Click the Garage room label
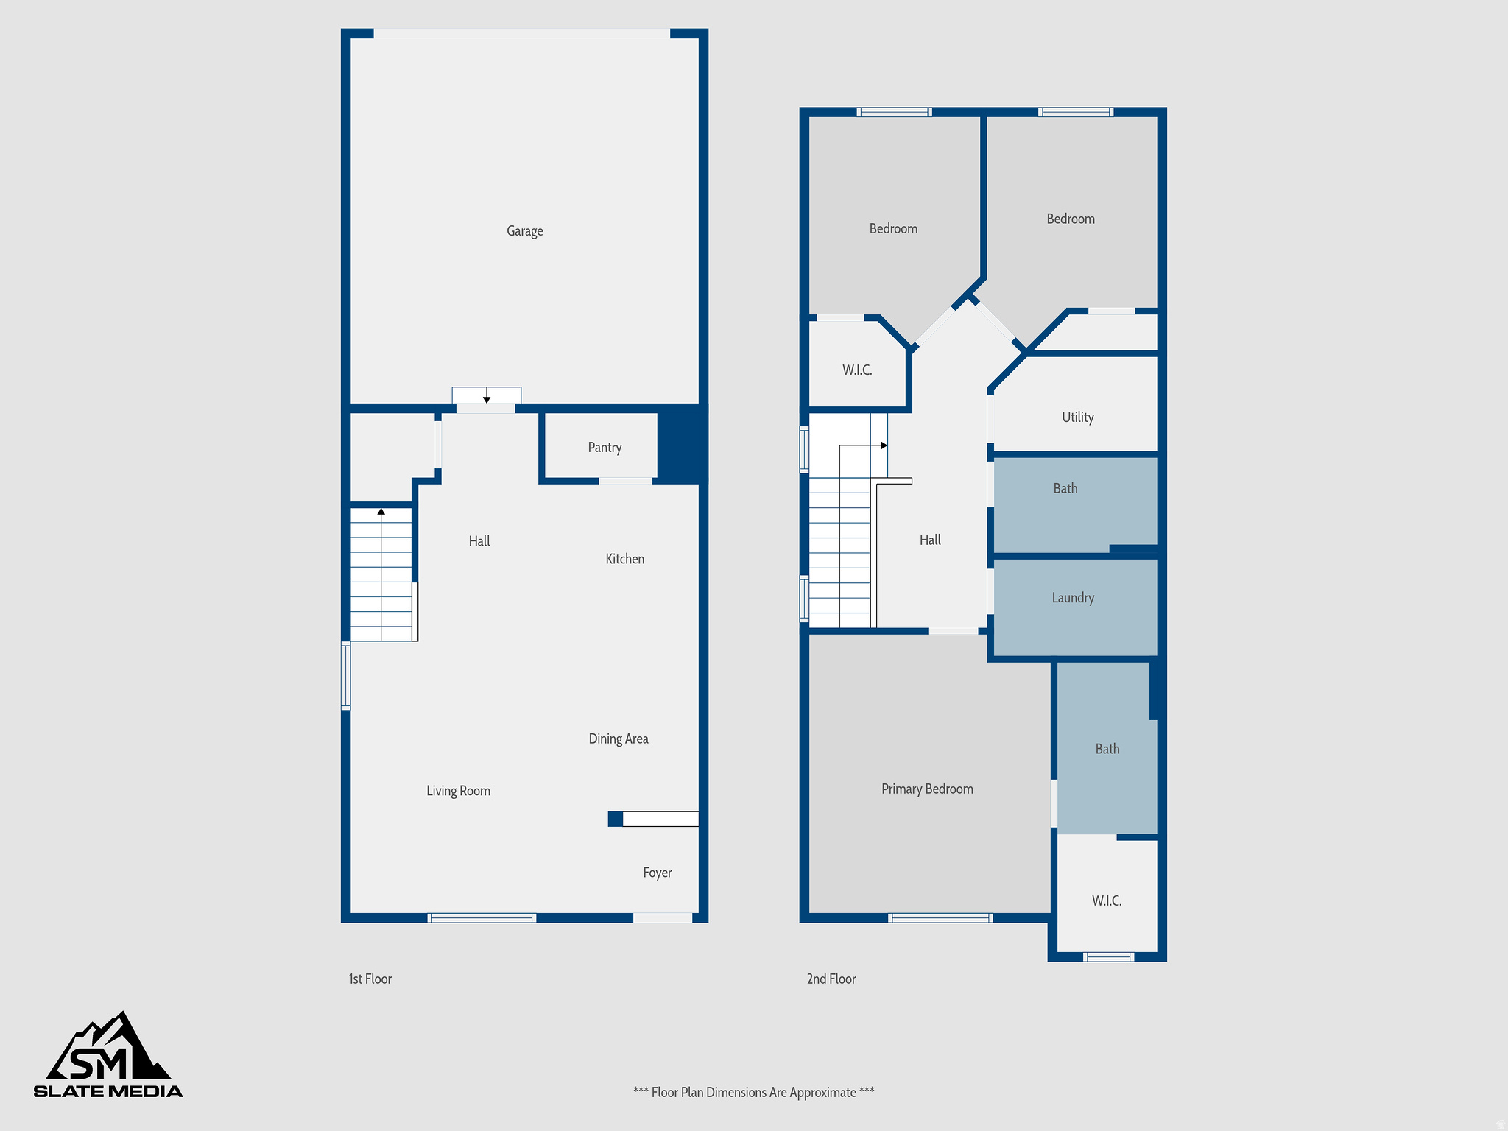tap(524, 231)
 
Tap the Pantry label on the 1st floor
tap(605, 448)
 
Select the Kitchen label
tap(624, 559)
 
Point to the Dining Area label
tap(618, 739)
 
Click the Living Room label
tap(458, 791)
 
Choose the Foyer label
tap(657, 873)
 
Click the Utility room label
tap(1077, 417)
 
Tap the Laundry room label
tap(1072, 598)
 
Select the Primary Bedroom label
tap(926, 789)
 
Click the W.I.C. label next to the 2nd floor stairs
tap(857, 370)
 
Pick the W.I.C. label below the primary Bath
tap(1106, 901)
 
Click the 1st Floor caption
tap(370, 979)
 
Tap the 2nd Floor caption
tap(831, 979)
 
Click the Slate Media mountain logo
tap(108, 1054)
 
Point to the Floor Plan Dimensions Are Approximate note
tap(753, 1092)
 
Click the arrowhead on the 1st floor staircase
tap(381, 511)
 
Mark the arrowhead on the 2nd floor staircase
tap(884, 445)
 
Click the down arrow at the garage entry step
tap(487, 399)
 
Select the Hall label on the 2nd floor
tap(929, 540)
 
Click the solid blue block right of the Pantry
tap(682, 444)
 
